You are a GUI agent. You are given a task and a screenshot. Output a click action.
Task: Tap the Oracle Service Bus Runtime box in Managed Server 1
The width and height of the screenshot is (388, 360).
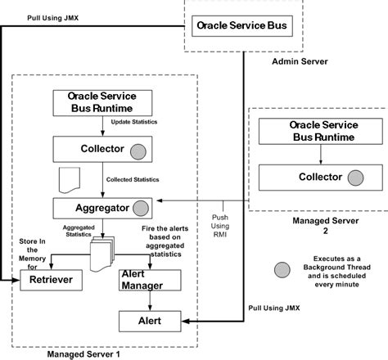pos(100,102)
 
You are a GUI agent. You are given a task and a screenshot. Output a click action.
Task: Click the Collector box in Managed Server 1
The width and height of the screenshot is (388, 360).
pos(100,149)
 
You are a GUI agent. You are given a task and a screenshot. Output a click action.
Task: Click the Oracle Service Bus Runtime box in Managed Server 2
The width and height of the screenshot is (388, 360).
pos(310,131)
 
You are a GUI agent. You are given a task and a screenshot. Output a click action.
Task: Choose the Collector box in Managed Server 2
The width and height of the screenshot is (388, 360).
pos(310,178)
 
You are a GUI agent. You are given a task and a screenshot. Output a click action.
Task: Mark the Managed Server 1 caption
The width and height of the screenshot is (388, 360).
pos(83,353)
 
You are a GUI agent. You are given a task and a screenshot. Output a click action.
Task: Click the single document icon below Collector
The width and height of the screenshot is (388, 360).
pos(69,176)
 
